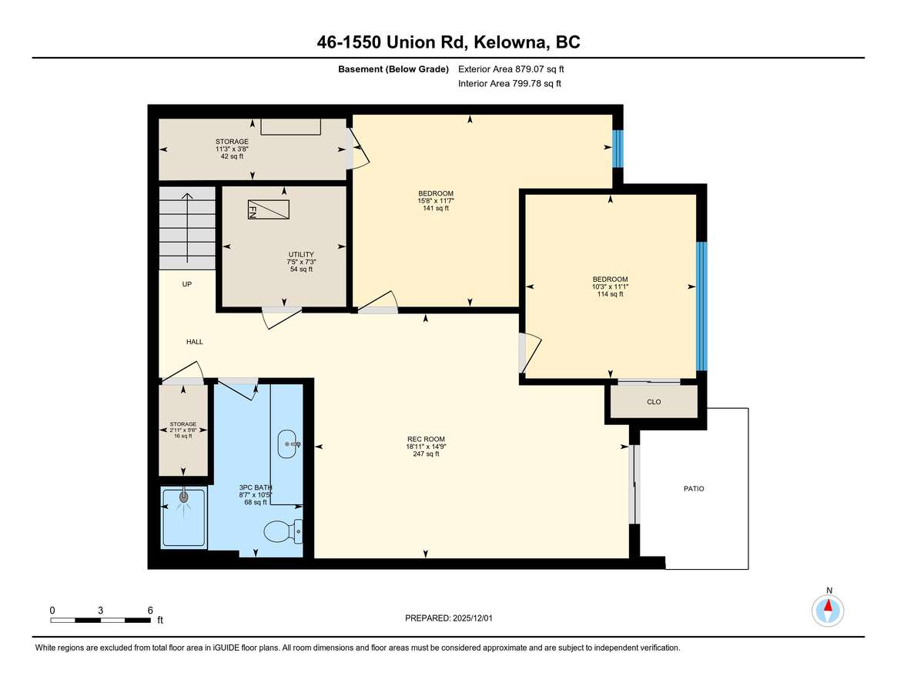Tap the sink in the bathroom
tap(288, 444)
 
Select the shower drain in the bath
tap(183, 497)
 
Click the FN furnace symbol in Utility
tap(268, 209)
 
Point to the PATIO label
tap(694, 489)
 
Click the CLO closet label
tap(654, 402)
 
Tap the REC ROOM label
tap(426, 439)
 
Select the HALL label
tap(195, 342)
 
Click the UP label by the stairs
tap(186, 284)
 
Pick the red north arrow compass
tap(828, 611)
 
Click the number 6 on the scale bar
tap(150, 610)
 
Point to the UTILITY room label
tap(301, 255)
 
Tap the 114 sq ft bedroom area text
tap(611, 294)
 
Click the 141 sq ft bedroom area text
tap(436, 209)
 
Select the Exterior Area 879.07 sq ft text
tap(510, 69)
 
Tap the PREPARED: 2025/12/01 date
tap(448, 618)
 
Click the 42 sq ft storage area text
tap(233, 156)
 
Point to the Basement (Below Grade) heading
tap(393, 69)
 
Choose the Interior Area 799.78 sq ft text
tap(510, 84)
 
